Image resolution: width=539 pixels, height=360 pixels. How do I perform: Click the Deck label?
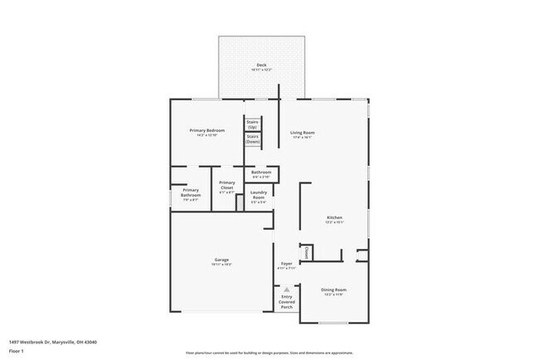261,66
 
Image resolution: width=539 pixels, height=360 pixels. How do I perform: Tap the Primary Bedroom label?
207,131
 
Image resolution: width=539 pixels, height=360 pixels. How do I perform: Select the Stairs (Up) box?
253,124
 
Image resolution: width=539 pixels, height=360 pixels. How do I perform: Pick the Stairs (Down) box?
253,139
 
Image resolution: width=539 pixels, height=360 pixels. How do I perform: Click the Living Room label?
302,134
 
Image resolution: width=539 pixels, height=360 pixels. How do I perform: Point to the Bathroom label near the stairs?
260,173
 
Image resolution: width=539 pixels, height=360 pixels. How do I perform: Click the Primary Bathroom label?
191,196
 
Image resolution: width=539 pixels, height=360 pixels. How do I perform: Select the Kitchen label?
333,219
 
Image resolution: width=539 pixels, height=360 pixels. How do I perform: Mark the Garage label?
221,260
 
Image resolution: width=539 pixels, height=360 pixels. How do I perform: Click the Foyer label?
286,265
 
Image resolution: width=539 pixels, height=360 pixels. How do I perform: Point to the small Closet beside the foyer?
306,251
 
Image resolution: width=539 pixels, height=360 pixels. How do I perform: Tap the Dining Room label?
333,290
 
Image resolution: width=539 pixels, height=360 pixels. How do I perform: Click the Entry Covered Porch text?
287,300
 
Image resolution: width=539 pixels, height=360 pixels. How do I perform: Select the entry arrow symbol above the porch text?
287,289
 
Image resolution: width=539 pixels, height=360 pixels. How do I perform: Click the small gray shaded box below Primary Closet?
240,203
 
